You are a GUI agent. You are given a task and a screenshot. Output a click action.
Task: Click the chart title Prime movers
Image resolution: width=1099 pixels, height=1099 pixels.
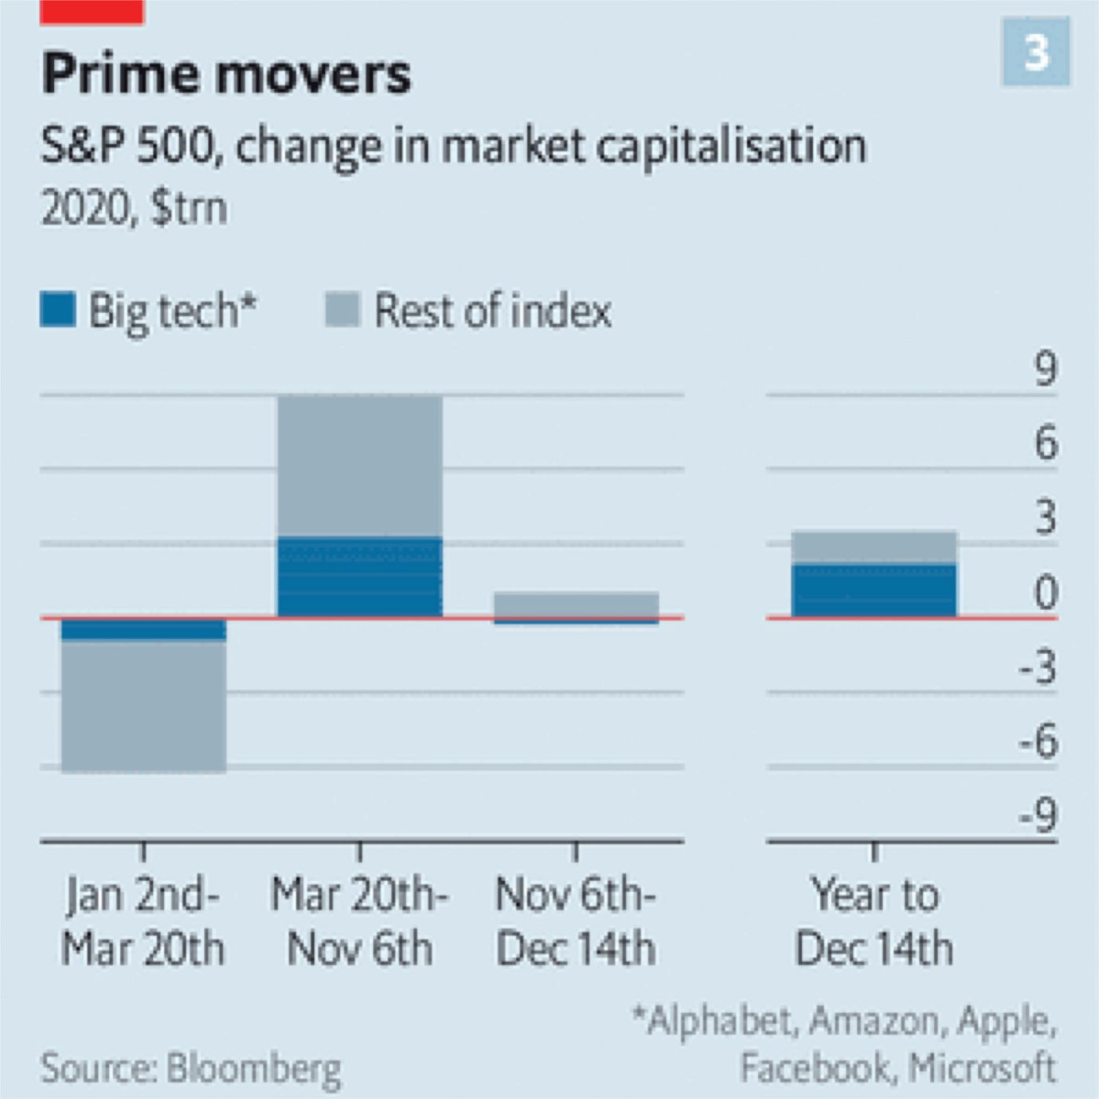(x=226, y=73)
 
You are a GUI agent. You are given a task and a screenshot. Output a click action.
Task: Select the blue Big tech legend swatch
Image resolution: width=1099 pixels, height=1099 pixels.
(x=57, y=310)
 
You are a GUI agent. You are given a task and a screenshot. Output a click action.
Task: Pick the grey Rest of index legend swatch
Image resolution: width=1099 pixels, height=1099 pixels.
(x=343, y=310)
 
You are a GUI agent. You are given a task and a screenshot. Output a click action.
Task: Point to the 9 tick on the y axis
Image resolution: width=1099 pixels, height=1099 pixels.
(x=1045, y=370)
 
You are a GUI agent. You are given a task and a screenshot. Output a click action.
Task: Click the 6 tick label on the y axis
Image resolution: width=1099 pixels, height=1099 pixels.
(x=1045, y=444)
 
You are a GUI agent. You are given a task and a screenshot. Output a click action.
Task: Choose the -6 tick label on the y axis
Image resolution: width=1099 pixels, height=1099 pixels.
(x=1038, y=741)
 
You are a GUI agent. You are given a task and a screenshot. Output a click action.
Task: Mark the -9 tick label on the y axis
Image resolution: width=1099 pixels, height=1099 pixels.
(x=1038, y=816)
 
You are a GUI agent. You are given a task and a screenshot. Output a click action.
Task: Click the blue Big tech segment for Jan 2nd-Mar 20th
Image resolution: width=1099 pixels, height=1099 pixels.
(x=143, y=630)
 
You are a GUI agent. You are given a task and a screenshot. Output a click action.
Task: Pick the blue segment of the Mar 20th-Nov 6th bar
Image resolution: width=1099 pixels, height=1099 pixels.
(x=359, y=577)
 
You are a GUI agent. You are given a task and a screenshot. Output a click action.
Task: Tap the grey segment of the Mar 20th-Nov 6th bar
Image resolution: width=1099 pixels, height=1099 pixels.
(x=359, y=467)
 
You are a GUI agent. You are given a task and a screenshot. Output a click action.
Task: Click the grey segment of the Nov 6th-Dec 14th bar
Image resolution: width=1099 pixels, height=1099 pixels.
(x=576, y=604)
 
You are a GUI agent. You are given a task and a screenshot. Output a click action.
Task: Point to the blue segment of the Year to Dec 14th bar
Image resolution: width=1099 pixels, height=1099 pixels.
(x=874, y=590)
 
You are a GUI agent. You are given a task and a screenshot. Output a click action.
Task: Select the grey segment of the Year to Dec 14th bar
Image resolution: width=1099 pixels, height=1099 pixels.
(x=874, y=547)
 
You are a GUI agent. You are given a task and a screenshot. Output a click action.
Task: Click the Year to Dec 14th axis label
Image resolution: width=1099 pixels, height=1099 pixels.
(x=874, y=921)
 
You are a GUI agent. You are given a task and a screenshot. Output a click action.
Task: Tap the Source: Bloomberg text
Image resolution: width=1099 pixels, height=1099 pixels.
(x=191, y=1069)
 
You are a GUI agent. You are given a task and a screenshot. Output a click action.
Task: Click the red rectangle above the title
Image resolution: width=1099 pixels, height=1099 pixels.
(x=92, y=12)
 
